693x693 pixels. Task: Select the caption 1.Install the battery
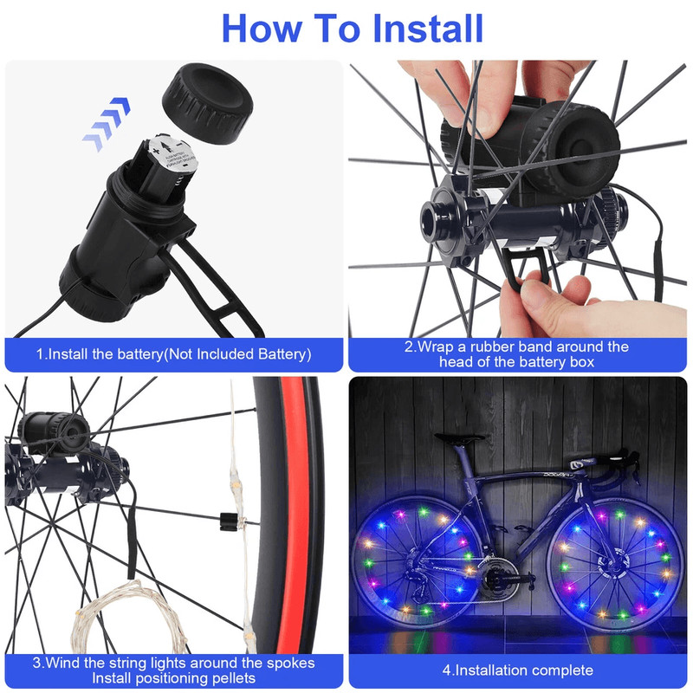pos(173,354)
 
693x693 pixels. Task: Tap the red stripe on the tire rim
pos(295,520)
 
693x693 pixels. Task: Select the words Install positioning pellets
pos(173,677)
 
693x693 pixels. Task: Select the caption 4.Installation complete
pos(518,670)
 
